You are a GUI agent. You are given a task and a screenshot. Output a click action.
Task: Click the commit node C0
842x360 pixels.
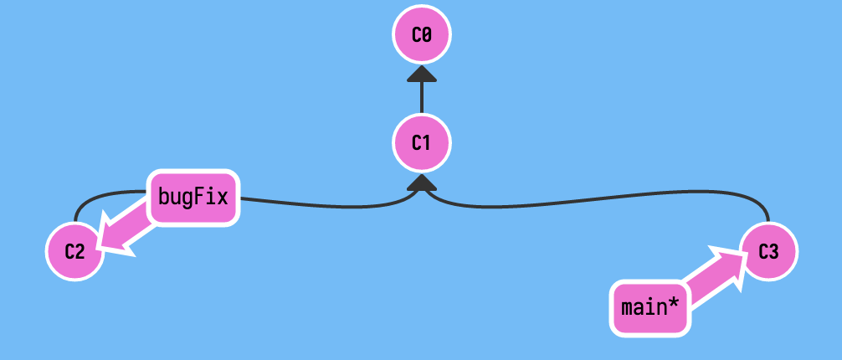point(422,35)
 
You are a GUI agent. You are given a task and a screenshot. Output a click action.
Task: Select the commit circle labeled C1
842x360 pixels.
point(422,142)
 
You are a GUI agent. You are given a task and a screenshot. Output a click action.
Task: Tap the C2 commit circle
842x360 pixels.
point(74,250)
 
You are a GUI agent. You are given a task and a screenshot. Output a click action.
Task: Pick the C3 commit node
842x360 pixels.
point(768,250)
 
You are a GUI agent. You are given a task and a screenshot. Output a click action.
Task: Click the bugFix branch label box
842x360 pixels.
point(193,198)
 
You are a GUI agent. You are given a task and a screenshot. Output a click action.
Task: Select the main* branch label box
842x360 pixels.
point(650,306)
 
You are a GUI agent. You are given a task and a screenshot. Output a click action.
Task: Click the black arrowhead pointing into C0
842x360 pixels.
point(422,75)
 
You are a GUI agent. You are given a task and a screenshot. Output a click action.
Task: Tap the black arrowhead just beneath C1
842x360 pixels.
point(422,182)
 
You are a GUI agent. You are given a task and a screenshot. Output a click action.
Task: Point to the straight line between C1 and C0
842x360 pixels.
point(422,99)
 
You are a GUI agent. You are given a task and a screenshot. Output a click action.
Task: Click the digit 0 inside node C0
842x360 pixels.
point(427,35)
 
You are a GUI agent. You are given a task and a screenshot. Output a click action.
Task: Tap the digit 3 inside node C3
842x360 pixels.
point(773,250)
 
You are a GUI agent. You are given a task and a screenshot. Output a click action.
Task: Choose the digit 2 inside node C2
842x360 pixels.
point(80,250)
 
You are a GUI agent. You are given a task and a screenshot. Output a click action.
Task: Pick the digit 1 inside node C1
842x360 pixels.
point(427,142)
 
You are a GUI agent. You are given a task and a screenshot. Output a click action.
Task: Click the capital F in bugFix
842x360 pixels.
point(197,198)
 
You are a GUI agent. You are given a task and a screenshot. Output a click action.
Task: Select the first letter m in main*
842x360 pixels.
point(628,306)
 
